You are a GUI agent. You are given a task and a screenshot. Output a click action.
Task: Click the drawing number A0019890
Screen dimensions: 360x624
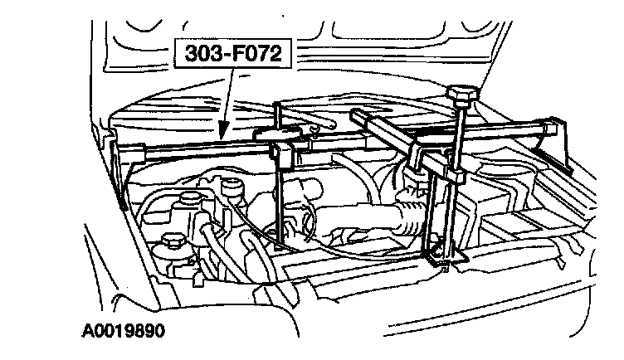[123, 330]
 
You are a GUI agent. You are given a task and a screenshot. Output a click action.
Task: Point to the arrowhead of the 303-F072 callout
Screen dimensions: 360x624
[220, 135]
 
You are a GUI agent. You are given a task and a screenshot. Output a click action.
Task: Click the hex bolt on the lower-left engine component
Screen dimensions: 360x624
[173, 242]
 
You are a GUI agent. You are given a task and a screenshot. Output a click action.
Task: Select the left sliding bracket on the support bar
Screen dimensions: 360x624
[282, 153]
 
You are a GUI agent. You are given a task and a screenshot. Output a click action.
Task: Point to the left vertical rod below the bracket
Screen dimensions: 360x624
[284, 207]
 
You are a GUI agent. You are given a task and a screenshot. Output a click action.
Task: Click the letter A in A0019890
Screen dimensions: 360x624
[88, 330]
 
